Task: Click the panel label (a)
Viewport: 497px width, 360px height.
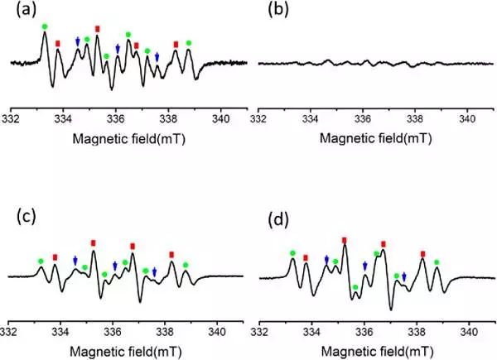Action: click(21, 12)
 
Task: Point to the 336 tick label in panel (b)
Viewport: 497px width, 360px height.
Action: click(362, 118)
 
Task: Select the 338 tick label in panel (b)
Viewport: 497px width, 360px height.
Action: click(414, 118)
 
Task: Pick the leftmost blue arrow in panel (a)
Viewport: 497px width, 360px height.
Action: click(77, 41)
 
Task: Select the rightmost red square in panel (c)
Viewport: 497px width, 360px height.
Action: click(171, 254)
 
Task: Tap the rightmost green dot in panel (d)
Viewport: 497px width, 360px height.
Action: click(437, 262)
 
